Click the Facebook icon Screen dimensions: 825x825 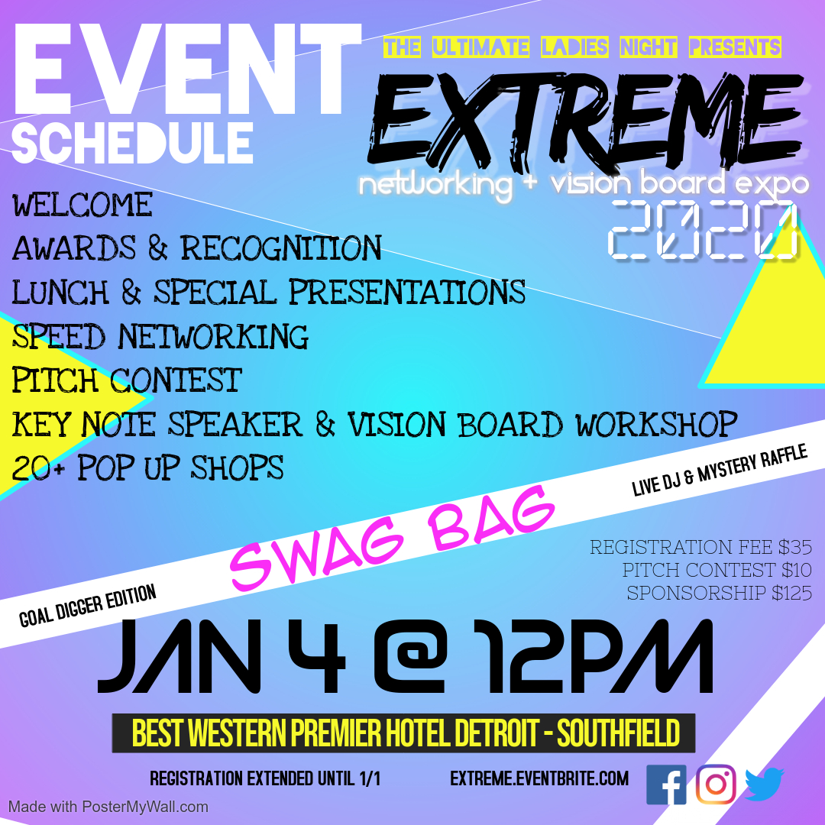pos(666,785)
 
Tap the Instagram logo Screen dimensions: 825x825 pos(716,784)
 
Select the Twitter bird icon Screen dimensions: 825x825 pos(765,785)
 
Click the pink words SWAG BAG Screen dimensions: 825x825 pos(392,537)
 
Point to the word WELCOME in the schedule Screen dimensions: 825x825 pos(82,205)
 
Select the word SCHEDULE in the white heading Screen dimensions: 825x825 pos(132,143)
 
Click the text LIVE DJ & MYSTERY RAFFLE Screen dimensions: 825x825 pos(720,470)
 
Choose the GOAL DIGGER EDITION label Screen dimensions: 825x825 pos(87,606)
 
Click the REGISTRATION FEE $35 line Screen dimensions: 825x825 pos(700,547)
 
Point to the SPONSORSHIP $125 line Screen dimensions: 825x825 pos(720,593)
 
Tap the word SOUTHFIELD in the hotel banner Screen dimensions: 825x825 pos(618,733)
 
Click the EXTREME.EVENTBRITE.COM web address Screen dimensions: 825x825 pos(539,778)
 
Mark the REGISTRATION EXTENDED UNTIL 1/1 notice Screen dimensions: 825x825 pos(265,778)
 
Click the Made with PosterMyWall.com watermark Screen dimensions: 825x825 pos(108,807)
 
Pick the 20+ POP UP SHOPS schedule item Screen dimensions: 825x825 pos(148,467)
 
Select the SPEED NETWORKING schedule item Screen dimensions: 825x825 pos(160,336)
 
